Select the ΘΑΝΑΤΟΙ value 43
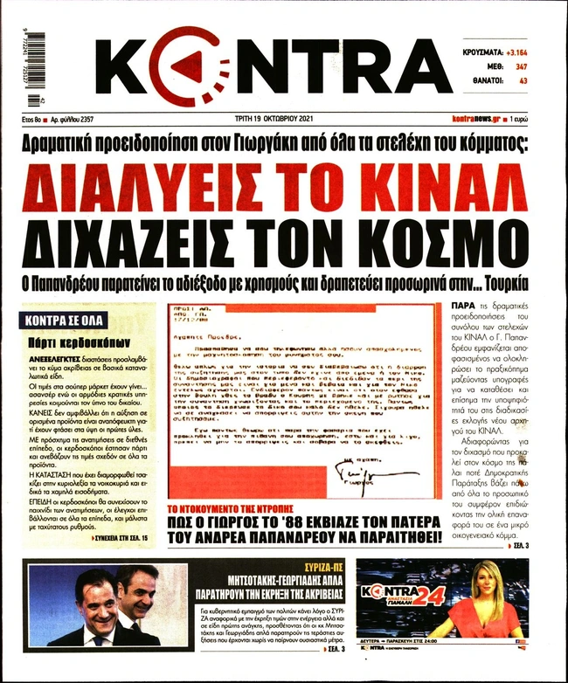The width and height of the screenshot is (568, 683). [x=523, y=81]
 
